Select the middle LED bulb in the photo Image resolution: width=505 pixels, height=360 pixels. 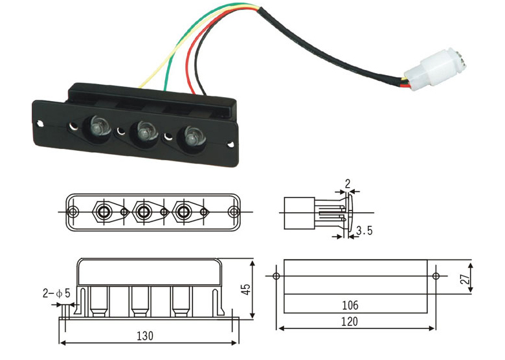tap(144, 132)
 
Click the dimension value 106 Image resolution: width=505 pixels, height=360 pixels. tap(350, 305)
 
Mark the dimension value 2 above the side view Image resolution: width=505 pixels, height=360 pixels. tap(347, 185)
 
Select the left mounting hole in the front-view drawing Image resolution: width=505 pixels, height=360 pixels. tap(74, 211)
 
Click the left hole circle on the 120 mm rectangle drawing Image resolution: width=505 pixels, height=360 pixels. tap(277, 276)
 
